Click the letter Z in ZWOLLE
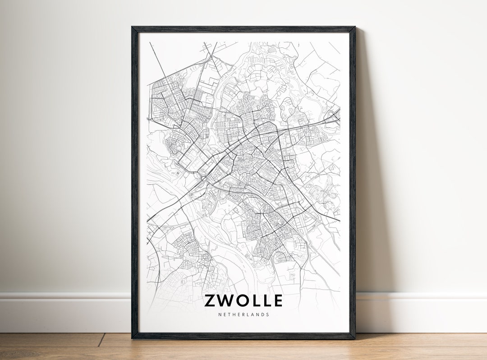[x=211, y=300]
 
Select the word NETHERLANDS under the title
[x=243, y=314]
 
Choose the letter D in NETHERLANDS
[x=263, y=314]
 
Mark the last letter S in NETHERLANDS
[x=268, y=314]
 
